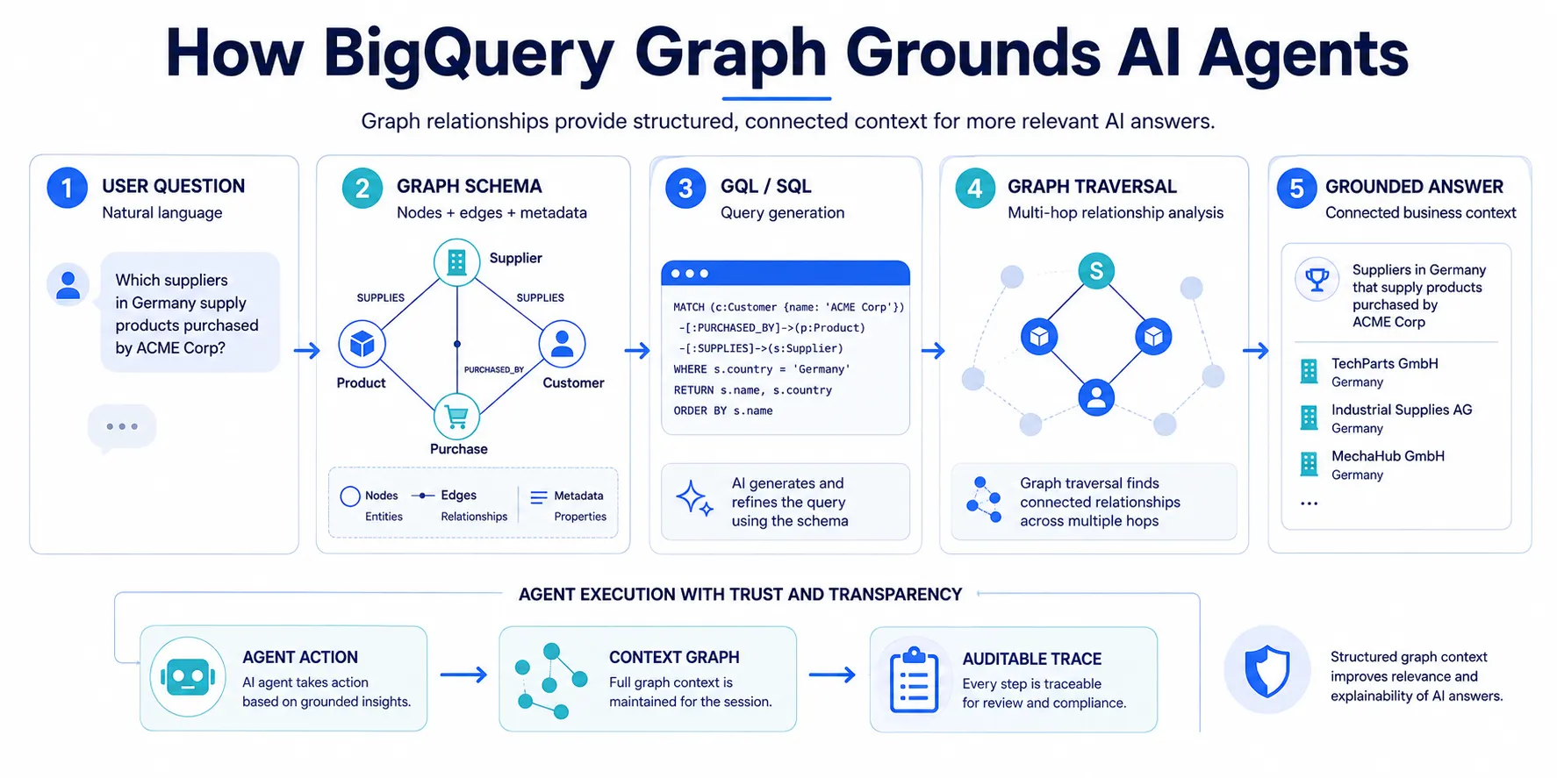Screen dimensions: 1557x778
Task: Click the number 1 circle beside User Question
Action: coord(67,188)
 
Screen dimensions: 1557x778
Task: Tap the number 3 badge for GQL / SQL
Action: coord(685,188)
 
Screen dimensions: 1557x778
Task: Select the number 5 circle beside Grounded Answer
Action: coord(1296,188)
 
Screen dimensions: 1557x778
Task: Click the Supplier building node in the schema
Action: coord(456,261)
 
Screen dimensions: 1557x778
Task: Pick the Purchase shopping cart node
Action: coord(456,417)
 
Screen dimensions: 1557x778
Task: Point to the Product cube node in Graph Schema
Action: coord(362,344)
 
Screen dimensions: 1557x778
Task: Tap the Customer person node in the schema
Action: coord(562,344)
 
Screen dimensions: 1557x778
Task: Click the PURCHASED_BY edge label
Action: coord(493,369)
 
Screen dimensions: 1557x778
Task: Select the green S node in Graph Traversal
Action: coord(1096,271)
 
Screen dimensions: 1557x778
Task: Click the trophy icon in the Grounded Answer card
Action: coord(1317,280)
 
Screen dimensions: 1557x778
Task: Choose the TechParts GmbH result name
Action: coord(1384,363)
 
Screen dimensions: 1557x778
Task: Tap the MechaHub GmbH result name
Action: coord(1388,456)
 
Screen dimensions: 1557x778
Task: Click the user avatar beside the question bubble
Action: coord(68,285)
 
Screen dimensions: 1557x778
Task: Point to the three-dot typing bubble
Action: coord(122,427)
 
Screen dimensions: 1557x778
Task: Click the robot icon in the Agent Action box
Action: coord(188,677)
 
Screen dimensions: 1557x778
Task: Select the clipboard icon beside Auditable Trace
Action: coord(914,680)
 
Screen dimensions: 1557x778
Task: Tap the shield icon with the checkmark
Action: coord(1267,673)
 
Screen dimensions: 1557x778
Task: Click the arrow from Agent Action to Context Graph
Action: coord(463,675)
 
